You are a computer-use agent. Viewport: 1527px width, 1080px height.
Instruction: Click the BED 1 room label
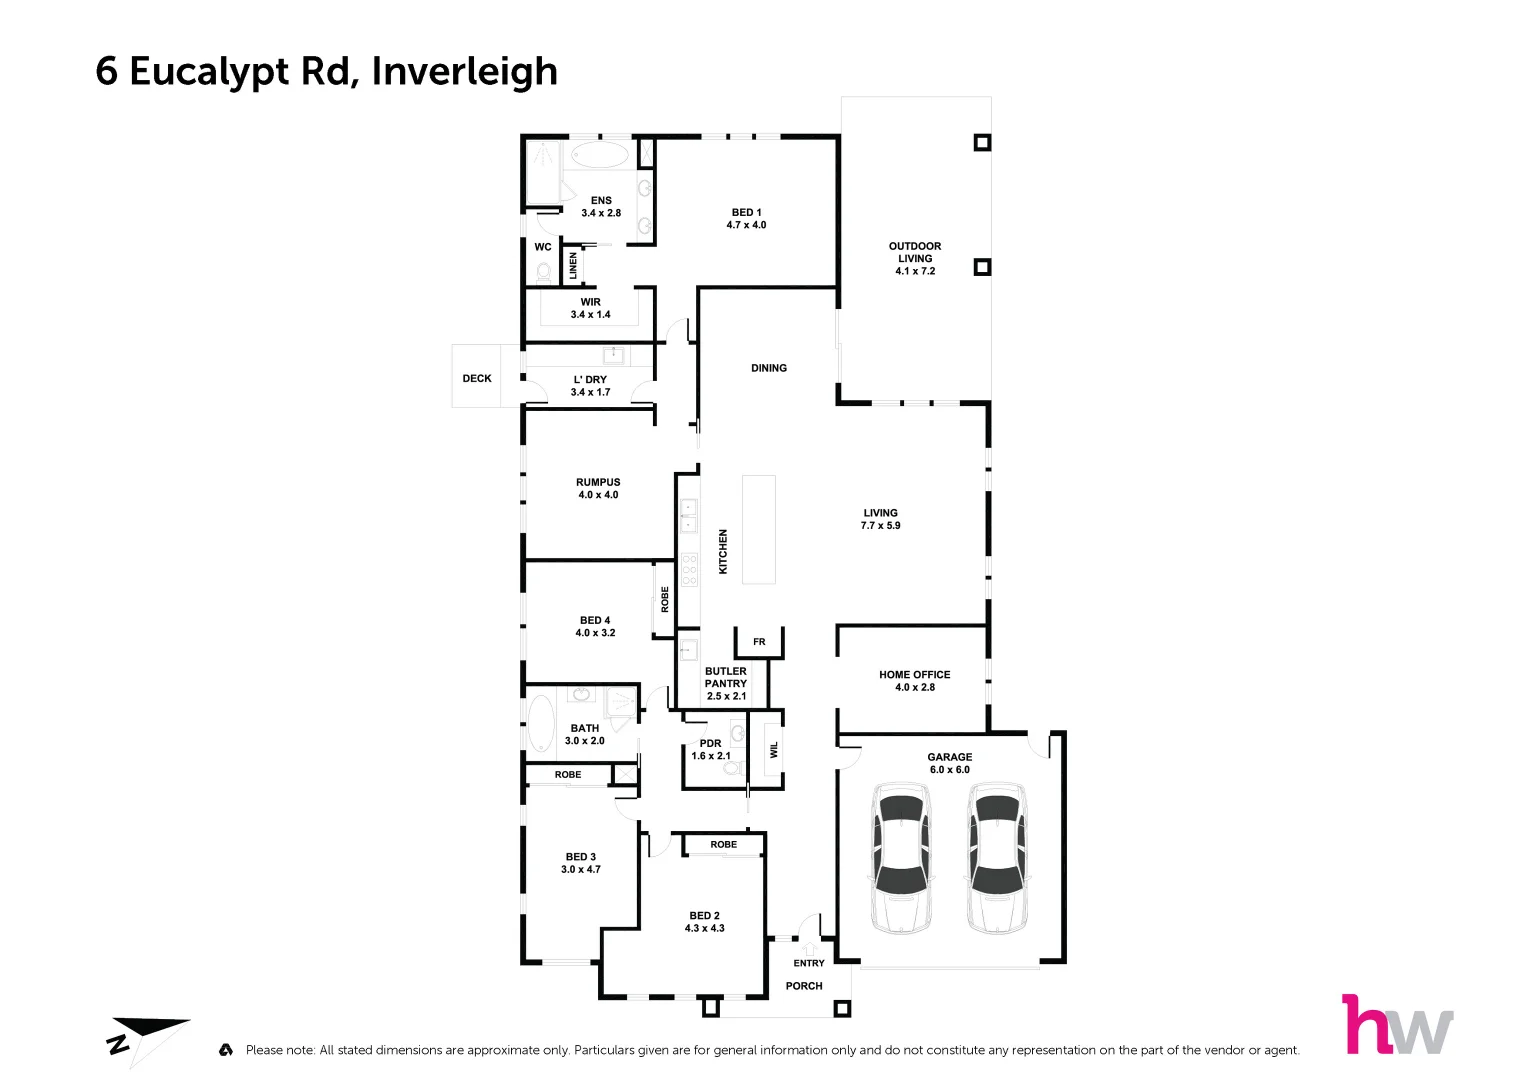(746, 212)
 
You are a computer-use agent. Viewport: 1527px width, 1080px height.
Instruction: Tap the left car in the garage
(902, 858)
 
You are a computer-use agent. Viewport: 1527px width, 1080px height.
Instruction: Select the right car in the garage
(997, 858)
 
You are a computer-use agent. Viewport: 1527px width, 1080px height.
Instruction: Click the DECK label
(477, 378)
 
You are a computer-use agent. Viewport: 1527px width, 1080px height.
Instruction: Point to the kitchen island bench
(759, 529)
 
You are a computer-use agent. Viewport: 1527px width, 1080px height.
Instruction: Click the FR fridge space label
(759, 642)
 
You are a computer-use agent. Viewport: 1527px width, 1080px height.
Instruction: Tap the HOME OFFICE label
(914, 675)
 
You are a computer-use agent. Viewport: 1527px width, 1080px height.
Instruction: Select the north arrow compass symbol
(145, 1036)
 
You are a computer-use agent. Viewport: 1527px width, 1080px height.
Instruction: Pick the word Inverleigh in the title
(464, 71)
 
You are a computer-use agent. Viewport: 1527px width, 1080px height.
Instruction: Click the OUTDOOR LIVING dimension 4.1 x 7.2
(915, 271)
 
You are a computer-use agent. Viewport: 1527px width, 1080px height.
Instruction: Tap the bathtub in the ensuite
(599, 156)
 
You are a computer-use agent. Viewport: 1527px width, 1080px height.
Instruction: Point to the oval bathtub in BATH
(541, 726)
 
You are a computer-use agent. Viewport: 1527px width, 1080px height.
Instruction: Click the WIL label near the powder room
(773, 749)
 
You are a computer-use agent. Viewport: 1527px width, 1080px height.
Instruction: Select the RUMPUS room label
(598, 482)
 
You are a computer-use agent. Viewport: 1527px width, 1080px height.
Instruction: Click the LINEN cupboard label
(573, 265)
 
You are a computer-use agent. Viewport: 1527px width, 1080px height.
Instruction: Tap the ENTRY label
(809, 963)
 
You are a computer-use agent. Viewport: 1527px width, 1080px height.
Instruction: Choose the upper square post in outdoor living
(982, 143)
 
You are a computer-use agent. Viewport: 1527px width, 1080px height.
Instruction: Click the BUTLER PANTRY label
(726, 677)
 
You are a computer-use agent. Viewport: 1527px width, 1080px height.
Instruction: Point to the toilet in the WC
(544, 271)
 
